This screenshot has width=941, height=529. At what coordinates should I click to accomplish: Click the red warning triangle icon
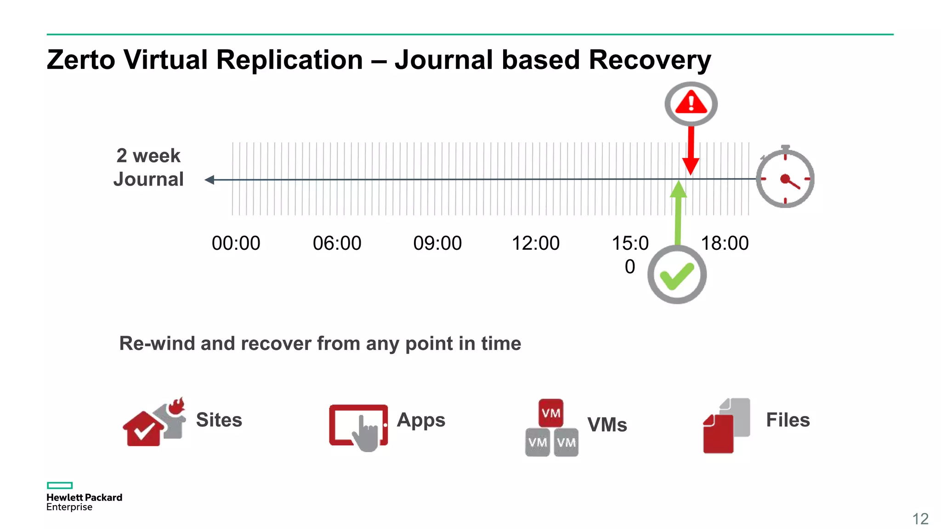click(x=691, y=103)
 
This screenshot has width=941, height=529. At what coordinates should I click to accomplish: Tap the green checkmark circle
click(x=677, y=275)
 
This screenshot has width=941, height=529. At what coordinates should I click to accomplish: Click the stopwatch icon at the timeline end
click(x=785, y=178)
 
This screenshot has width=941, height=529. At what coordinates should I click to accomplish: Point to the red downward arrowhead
click(x=691, y=166)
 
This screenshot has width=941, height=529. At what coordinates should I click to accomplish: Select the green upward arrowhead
click(x=678, y=189)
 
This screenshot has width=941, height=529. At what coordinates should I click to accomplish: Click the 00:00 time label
click(x=236, y=243)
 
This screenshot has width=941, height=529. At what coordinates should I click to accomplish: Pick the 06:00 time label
click(x=337, y=243)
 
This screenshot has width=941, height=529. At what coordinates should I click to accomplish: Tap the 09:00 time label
click(x=437, y=243)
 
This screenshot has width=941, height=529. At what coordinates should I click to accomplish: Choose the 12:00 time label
click(x=535, y=243)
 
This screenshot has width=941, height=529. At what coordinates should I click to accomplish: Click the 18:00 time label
click(x=725, y=243)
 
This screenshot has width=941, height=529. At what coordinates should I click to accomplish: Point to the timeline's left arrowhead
click(x=210, y=180)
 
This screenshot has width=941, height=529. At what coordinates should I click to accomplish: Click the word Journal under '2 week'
click(x=148, y=179)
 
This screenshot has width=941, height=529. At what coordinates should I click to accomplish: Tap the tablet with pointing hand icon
click(x=358, y=425)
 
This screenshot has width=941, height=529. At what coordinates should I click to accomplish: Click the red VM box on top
click(x=551, y=413)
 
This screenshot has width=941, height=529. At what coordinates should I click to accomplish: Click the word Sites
click(x=219, y=420)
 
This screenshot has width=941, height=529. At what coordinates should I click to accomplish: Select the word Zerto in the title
click(x=81, y=60)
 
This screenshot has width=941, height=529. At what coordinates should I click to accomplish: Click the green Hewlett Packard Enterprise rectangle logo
click(x=60, y=485)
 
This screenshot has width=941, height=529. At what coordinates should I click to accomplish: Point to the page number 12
click(x=920, y=519)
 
